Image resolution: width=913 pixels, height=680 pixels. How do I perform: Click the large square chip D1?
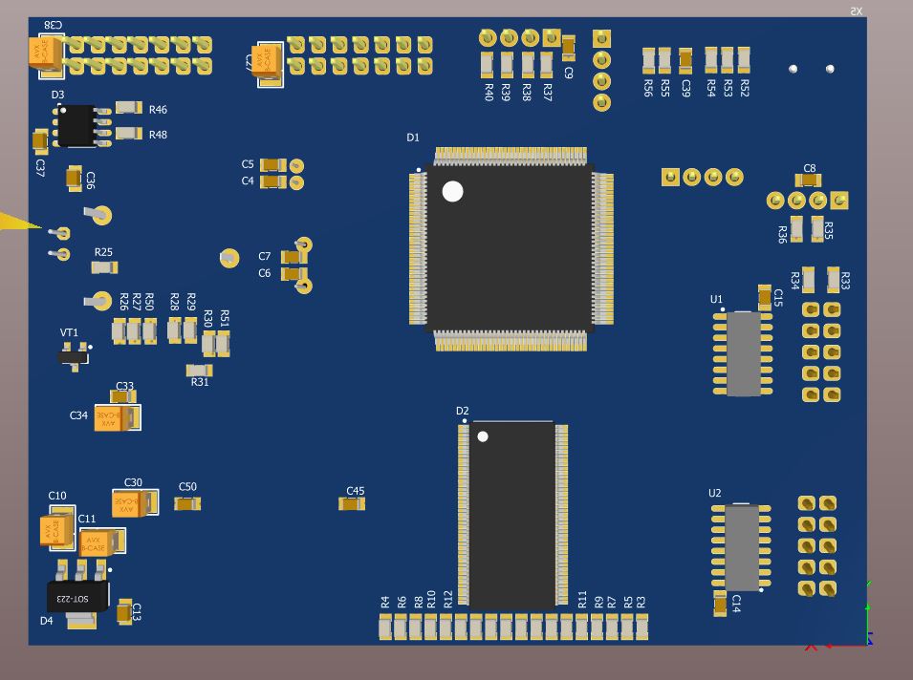[509, 248]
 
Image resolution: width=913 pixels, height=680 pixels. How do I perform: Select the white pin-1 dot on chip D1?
[452, 191]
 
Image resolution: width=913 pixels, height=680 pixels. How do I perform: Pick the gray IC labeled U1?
[743, 352]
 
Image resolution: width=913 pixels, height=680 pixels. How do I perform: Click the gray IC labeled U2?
[742, 548]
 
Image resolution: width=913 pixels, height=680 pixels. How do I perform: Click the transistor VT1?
[74, 356]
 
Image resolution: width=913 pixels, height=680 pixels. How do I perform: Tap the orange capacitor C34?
[117, 417]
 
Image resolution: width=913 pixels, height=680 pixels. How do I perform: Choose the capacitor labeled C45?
[352, 503]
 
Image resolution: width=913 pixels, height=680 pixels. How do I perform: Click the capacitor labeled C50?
[187, 503]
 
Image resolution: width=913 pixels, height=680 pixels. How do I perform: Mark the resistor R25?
[103, 267]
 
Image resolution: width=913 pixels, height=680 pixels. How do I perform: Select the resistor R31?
[199, 370]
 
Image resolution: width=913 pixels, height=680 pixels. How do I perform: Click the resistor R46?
[129, 108]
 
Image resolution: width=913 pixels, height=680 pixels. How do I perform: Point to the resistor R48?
[129, 133]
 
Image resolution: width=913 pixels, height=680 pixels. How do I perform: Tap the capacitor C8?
[808, 181]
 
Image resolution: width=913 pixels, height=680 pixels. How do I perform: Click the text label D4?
[47, 621]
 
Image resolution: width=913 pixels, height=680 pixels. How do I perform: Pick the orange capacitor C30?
[133, 503]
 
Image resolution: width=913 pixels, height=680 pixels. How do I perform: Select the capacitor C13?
[124, 611]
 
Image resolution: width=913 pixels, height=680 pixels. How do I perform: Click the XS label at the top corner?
[856, 11]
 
